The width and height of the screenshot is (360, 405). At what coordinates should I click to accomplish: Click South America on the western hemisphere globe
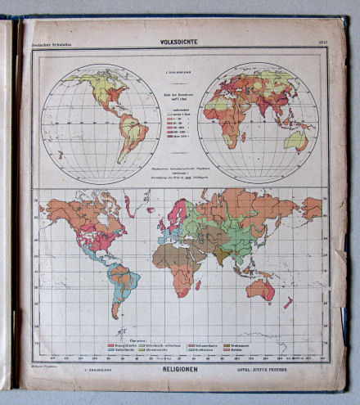(130, 130)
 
